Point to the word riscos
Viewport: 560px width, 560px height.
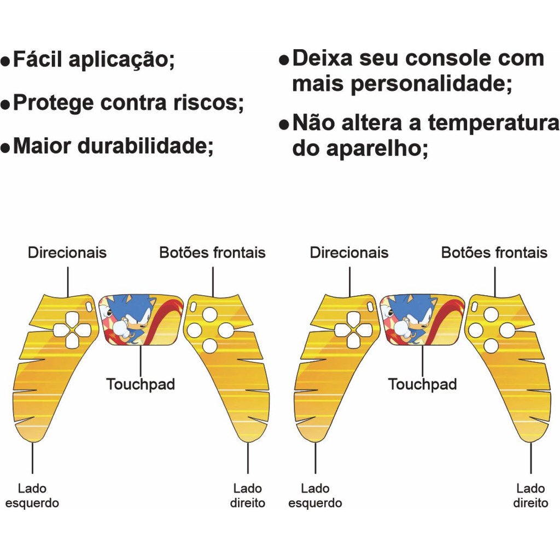[215, 102]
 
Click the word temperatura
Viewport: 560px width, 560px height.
[493, 124]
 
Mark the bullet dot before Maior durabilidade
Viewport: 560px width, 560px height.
[5, 148]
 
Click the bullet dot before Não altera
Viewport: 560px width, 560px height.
[283, 125]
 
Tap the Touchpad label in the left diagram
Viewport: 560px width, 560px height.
[141, 384]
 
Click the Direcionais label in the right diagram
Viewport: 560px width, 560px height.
[349, 253]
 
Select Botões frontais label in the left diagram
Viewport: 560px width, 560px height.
[212, 253]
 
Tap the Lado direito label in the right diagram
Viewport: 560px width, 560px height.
[530, 495]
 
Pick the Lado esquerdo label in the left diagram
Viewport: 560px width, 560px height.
[32, 495]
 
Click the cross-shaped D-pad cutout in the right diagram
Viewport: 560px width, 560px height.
[354, 330]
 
